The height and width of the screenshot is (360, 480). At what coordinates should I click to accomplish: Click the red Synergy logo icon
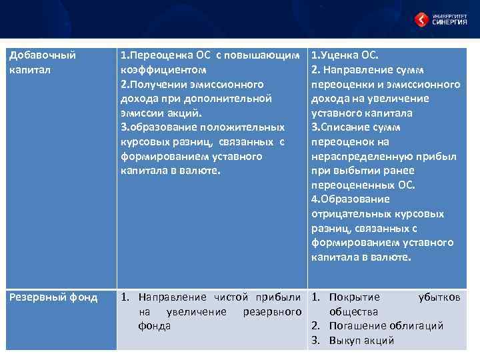(x=421, y=19)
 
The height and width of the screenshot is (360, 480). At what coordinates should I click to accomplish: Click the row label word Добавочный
(x=42, y=55)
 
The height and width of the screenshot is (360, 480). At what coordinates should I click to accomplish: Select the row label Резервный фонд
(x=53, y=297)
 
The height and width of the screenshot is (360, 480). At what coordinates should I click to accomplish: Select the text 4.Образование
(x=351, y=199)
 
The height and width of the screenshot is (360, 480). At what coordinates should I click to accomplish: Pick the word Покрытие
(x=355, y=297)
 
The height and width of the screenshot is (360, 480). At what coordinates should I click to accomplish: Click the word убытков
(x=439, y=297)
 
